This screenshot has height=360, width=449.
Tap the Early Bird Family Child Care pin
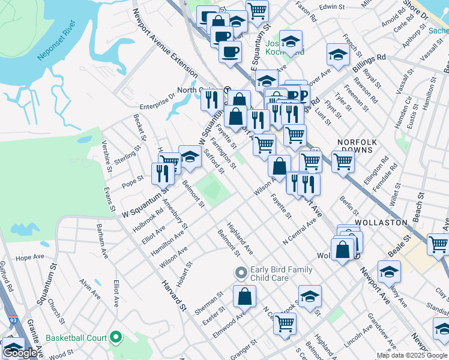(241, 274)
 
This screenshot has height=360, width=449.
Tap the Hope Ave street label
(30, 257)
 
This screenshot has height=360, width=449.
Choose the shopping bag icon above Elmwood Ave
(244, 296)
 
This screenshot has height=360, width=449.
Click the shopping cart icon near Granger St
(285, 323)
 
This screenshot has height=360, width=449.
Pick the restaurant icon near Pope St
(163, 173)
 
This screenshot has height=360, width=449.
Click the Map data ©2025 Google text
(412, 355)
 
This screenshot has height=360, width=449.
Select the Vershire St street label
(107, 156)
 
